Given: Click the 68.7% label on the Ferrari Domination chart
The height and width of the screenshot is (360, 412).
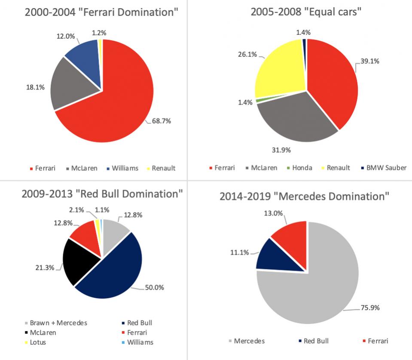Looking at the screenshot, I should point(162,121).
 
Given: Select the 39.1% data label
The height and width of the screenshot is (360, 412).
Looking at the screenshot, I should point(369,61).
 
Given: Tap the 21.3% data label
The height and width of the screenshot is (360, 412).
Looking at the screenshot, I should point(45,268).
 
